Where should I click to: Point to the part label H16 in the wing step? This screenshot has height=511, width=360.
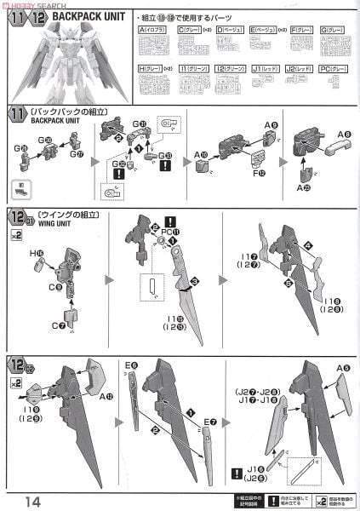(37, 254)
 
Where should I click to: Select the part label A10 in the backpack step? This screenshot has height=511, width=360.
(201, 154)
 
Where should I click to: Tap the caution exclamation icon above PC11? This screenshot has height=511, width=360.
(169, 220)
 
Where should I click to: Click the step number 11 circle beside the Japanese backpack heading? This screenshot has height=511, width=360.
(16, 114)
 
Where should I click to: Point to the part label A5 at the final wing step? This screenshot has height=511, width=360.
(342, 369)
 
